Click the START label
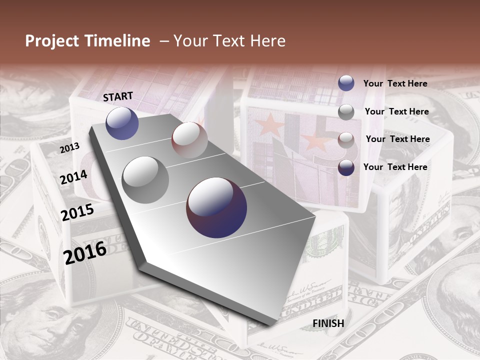(118, 96)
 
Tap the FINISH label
(328, 323)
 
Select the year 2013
(69, 148)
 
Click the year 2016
(85, 252)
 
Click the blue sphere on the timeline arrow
(122, 123)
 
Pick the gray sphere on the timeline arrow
(145, 180)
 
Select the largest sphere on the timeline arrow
(216, 207)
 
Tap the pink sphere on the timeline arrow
(190, 140)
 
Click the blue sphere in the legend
(346, 83)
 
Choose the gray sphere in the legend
(346, 112)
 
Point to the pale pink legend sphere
(346, 140)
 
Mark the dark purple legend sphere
(346, 167)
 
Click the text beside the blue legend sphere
(395, 84)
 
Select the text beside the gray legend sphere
(396, 111)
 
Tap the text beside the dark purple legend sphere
(395, 167)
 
